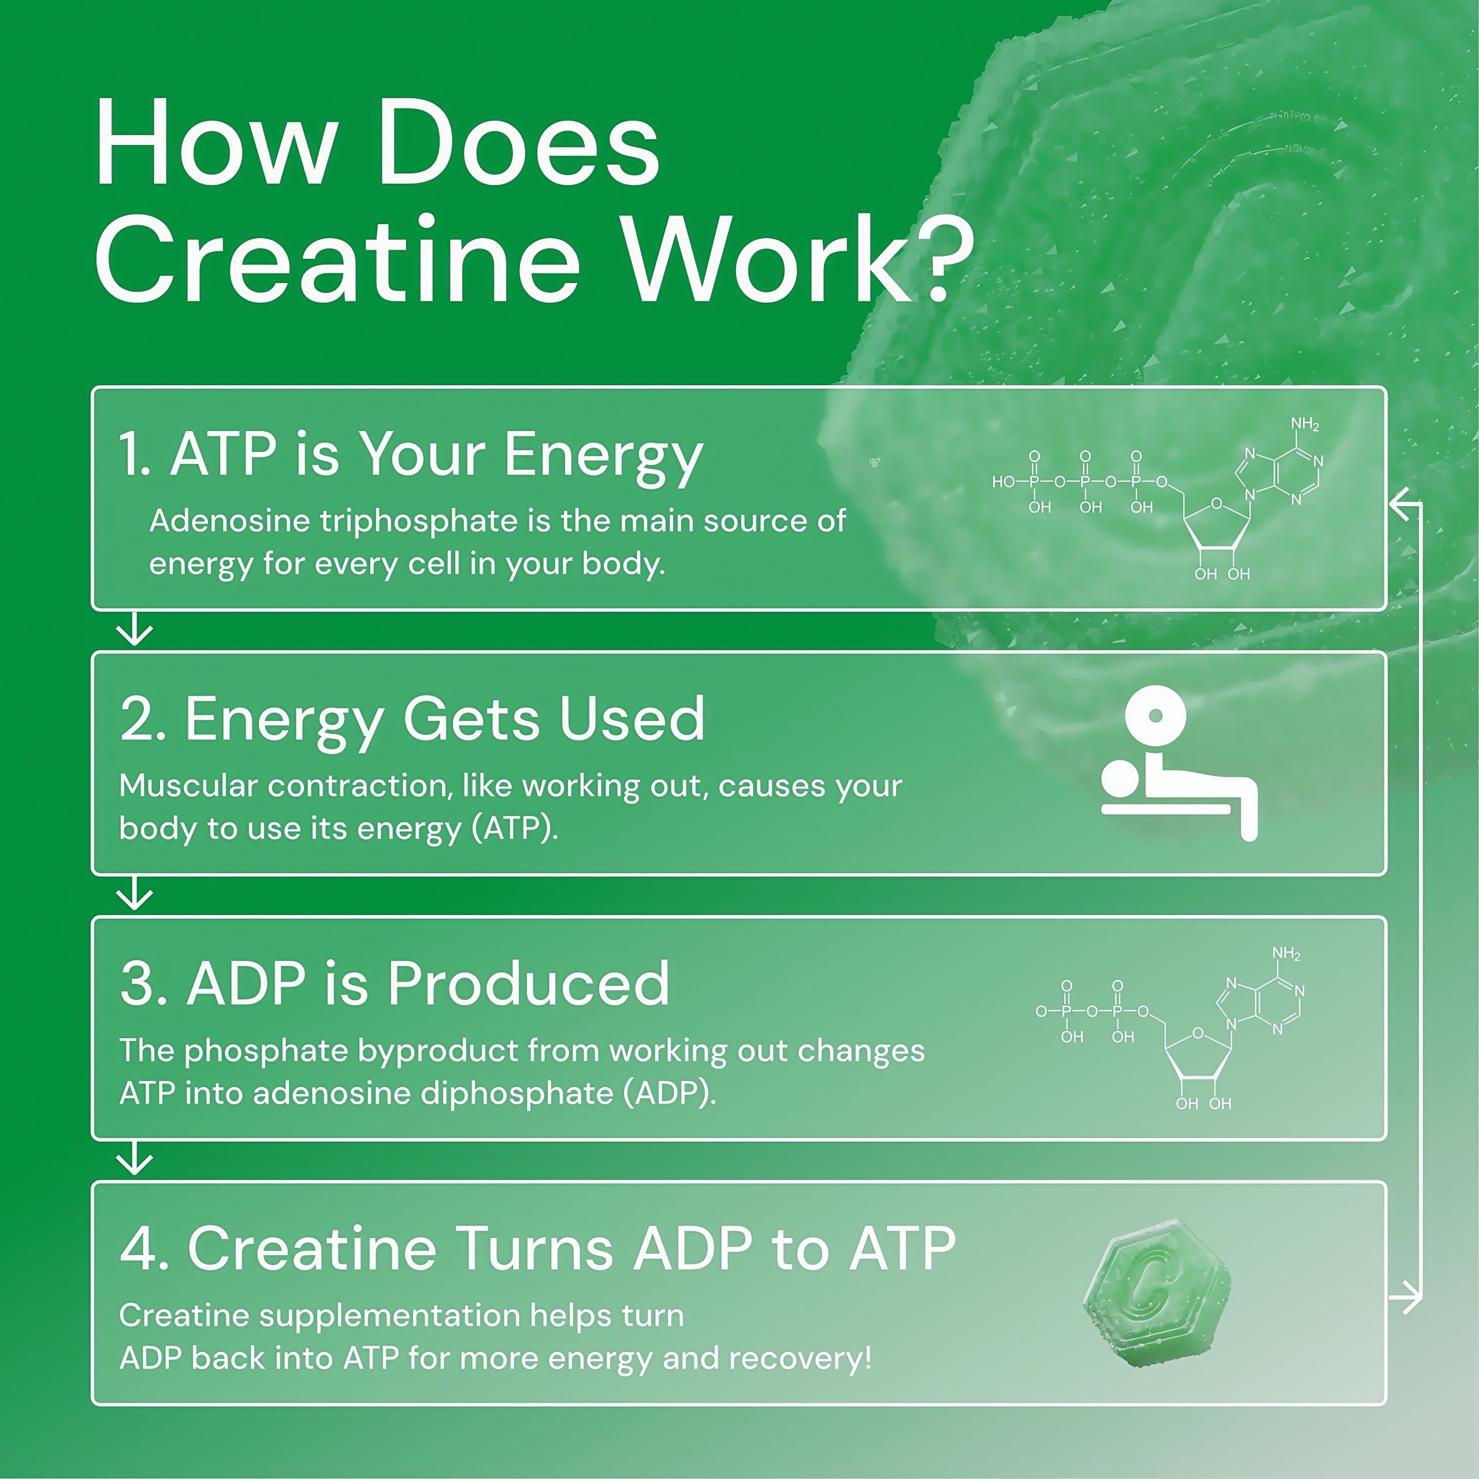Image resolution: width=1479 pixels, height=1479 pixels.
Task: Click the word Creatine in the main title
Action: point(337,261)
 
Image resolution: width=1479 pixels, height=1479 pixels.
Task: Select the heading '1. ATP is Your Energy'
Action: point(410,454)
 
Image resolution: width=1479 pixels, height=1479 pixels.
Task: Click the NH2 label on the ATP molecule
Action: point(1305,424)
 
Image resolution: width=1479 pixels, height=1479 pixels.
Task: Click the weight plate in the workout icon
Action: point(1155,716)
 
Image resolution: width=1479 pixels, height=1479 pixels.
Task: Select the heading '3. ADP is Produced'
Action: point(394,984)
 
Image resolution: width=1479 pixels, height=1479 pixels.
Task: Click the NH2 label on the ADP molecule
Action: point(1286,954)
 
